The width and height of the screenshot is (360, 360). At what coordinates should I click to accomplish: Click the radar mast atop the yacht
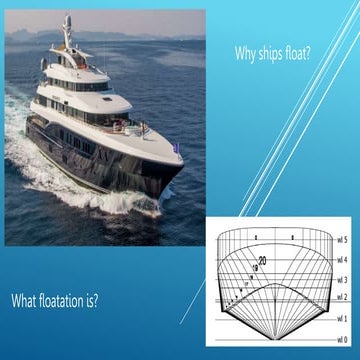[67, 30]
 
